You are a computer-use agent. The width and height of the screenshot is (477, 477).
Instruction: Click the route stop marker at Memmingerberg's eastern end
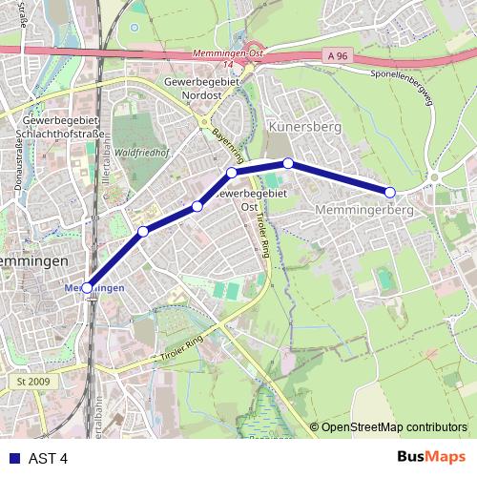point(390,192)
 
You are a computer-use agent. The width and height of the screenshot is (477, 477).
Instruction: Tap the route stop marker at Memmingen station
point(87,286)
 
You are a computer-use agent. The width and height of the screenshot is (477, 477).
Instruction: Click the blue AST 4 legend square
point(10,457)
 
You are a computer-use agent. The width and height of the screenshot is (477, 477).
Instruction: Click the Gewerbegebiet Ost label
point(247,199)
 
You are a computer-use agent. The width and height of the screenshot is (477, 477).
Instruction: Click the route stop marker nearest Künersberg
point(288,163)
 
